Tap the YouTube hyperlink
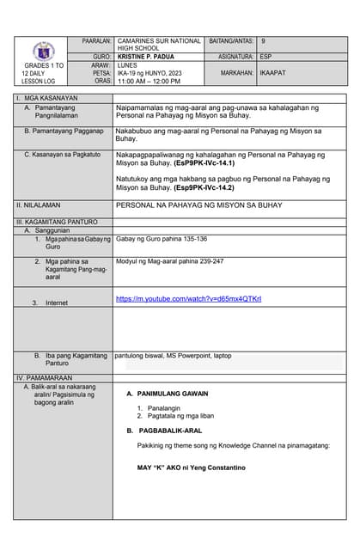coord(188,299)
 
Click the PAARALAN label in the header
coord(97,41)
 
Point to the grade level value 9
coord(264,41)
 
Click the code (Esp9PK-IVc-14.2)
coord(213,186)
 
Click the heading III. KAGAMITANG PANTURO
coord(57,222)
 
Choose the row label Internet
coord(57,302)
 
